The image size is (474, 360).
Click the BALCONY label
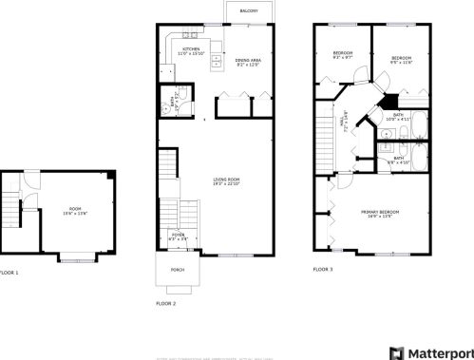249,10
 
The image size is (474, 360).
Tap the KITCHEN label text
191,48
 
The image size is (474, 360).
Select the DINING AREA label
248,61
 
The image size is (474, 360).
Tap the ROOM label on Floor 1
75,208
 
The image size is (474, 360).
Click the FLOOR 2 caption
166,304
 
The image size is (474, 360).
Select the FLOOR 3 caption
324,269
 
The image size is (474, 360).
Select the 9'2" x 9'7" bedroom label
343,54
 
